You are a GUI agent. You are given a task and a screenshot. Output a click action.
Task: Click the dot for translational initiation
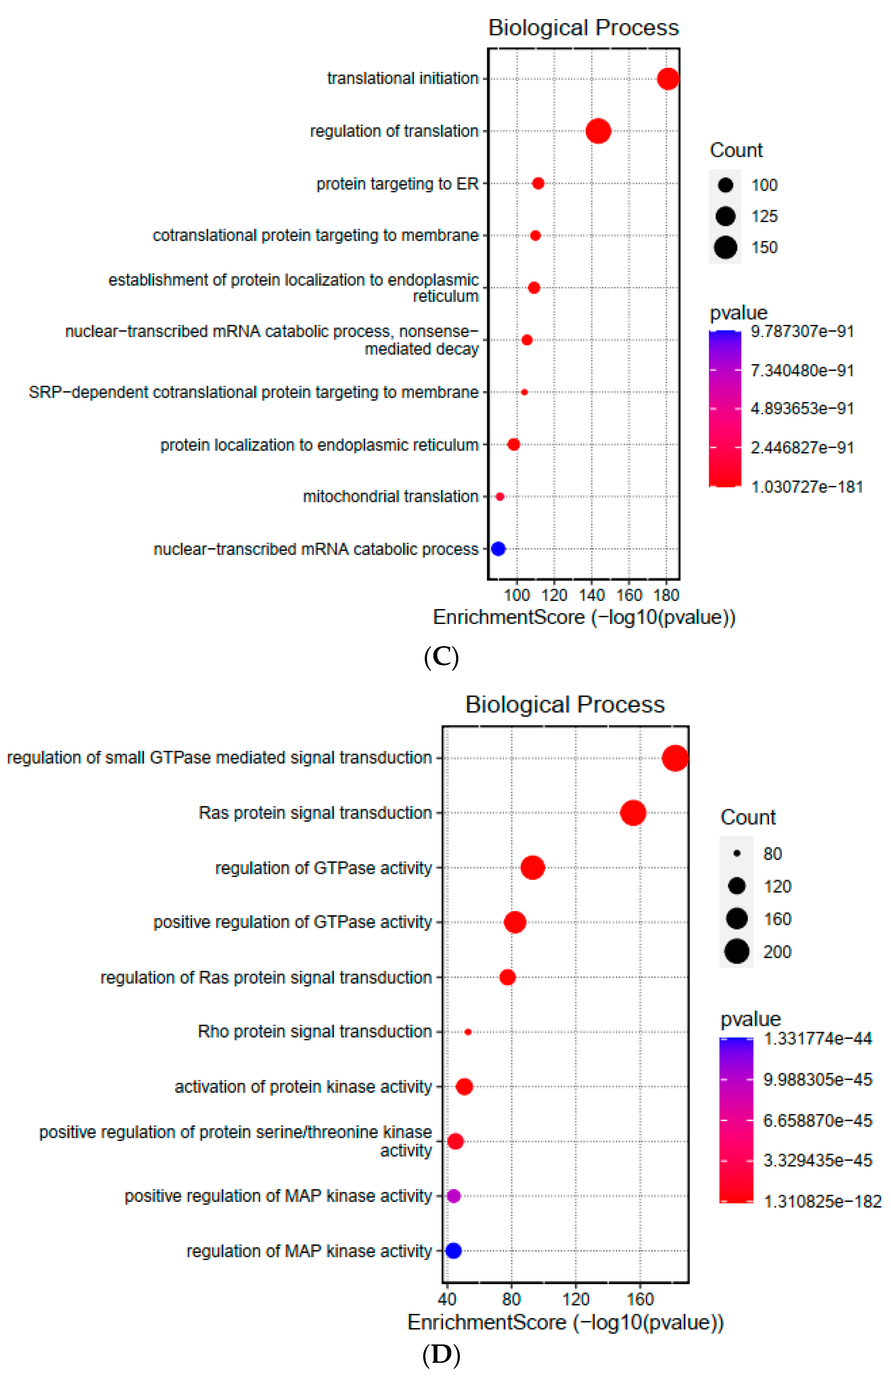668,79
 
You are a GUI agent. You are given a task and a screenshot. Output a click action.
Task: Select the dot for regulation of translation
598,131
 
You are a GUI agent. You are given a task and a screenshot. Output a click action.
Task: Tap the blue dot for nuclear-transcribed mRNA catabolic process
498,548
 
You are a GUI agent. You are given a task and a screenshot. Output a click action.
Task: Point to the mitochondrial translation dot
500,496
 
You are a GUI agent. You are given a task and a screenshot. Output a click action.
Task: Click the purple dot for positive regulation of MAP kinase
454,1196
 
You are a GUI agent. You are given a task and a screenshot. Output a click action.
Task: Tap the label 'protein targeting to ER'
398,184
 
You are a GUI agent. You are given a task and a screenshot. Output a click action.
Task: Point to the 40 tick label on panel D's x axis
447,1299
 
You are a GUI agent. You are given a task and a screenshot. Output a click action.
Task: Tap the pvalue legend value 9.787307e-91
802,331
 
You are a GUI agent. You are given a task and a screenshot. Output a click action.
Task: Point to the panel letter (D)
442,1355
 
